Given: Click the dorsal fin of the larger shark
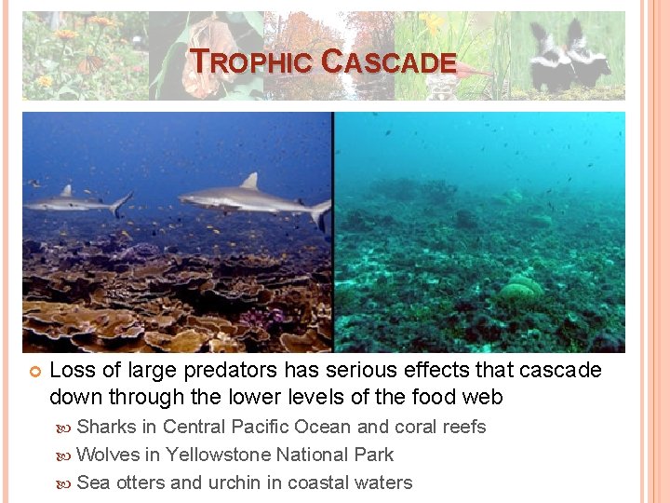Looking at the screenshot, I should pyautogui.click(x=248, y=181).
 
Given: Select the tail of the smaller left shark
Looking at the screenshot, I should pyautogui.click(x=121, y=202).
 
